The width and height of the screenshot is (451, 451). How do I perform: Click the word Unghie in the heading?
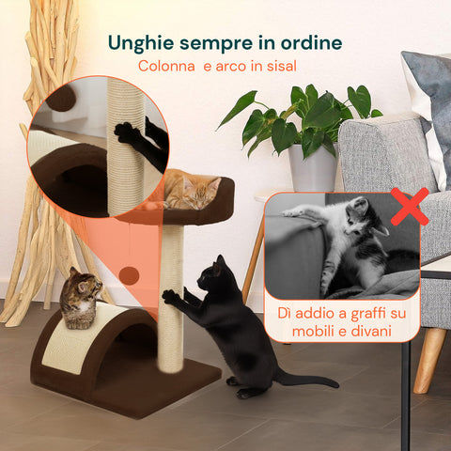(x=140, y=43)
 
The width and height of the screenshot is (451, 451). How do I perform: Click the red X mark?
(x=410, y=206)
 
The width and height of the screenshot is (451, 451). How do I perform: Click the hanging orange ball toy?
(x=131, y=274)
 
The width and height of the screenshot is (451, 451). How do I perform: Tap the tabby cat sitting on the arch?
(x=81, y=296)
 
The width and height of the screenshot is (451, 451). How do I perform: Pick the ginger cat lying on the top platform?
(x=191, y=192)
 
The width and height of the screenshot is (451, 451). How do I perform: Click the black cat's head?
(x=214, y=274)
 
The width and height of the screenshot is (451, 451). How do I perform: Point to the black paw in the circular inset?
(x=128, y=132)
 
